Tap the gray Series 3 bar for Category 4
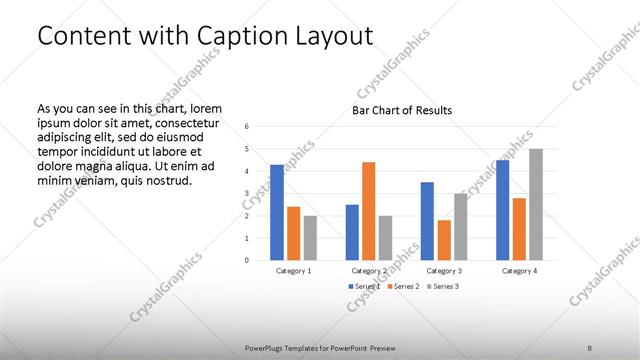pyautogui.click(x=536, y=204)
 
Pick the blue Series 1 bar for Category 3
pyautogui.click(x=427, y=221)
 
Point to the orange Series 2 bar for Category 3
pyautogui.click(x=444, y=240)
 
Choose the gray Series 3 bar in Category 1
pyautogui.click(x=310, y=238)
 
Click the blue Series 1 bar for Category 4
pyautogui.click(x=502, y=210)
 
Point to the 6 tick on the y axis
pyautogui.click(x=247, y=126)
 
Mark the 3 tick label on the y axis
pyautogui.click(x=247, y=193)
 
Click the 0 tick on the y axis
pyautogui.click(x=247, y=260)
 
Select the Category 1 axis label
pyautogui.click(x=293, y=271)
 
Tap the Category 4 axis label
pyautogui.click(x=519, y=271)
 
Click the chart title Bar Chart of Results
pyautogui.click(x=402, y=110)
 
